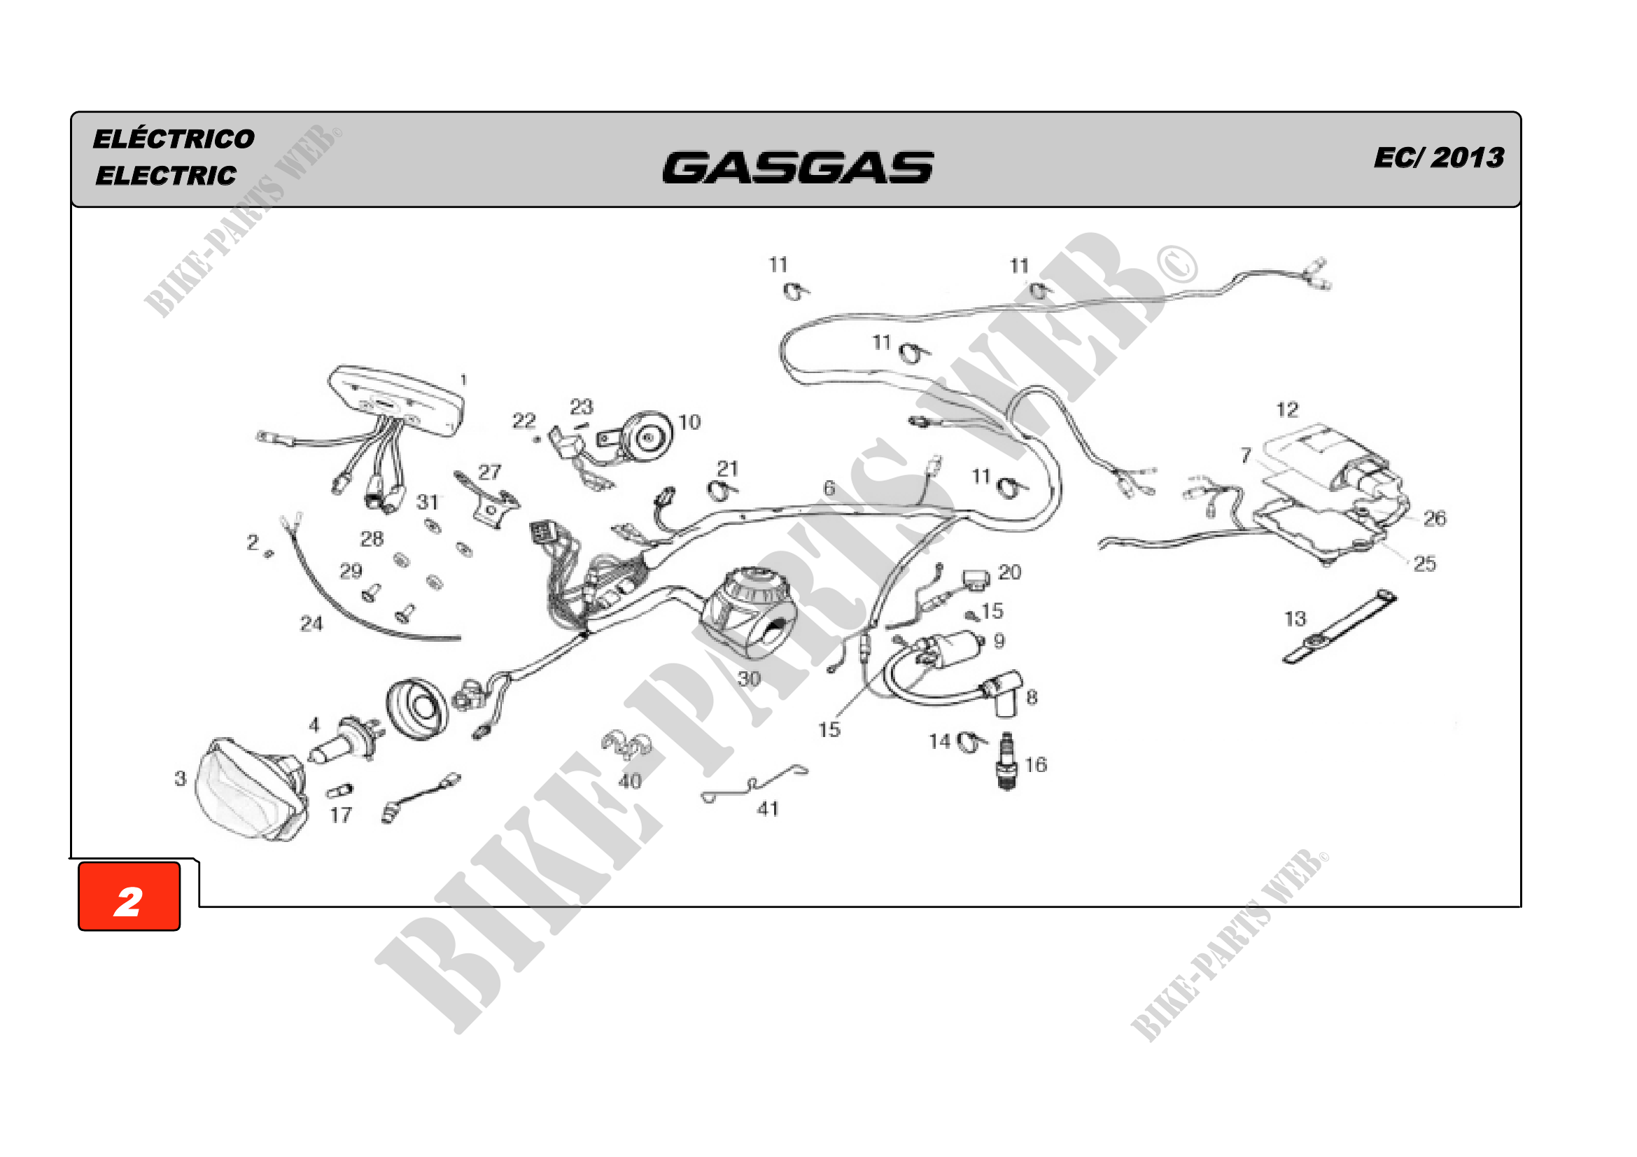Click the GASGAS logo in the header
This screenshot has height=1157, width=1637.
[798, 167]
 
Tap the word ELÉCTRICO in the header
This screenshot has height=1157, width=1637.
[174, 139]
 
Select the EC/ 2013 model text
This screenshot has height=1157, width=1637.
[1439, 157]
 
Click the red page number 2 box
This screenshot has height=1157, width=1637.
[129, 896]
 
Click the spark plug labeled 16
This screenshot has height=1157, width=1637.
[1006, 761]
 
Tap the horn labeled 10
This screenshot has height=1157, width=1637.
[636, 437]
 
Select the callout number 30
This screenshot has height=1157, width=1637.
[749, 679]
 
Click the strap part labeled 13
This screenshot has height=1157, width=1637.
[1340, 627]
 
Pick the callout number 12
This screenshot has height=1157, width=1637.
[1287, 410]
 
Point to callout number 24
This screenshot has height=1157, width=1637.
[311, 624]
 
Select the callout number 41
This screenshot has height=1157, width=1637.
[768, 809]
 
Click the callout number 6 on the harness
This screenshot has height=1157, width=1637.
[829, 489]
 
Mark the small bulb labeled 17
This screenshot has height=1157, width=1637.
[339, 790]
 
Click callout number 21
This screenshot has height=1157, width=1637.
[727, 468]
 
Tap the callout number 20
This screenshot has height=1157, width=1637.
[1010, 573]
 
